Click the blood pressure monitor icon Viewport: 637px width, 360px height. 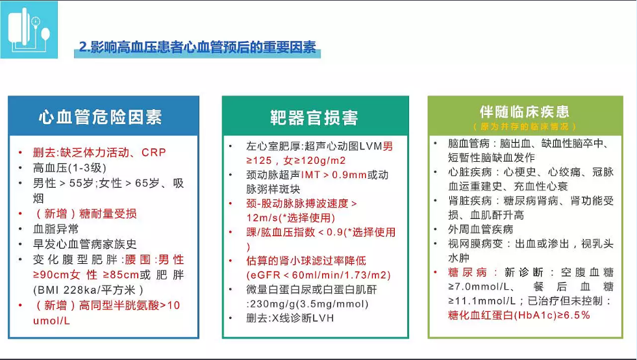29,30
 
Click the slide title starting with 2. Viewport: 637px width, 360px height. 197,47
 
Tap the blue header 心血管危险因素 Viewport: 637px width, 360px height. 101,117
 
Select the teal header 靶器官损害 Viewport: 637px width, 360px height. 314,118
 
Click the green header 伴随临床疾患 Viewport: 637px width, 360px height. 525,112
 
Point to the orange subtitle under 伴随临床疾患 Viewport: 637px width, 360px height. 525,127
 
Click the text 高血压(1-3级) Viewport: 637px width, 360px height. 69,168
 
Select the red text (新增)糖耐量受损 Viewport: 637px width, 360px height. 85,214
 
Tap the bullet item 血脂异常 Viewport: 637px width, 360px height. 56,229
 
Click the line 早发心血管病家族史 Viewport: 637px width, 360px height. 85,244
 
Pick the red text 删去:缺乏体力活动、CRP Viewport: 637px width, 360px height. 99,153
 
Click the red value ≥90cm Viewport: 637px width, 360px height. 51,275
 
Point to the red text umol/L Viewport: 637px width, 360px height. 51,320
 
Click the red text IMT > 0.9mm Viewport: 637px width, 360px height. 334,175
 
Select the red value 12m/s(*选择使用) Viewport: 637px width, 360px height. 290,218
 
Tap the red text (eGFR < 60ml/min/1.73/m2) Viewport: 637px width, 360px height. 318,276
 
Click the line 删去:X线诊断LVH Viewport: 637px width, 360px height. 290,318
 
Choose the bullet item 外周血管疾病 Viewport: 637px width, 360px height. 481,229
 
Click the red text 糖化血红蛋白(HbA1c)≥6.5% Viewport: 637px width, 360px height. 519,315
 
